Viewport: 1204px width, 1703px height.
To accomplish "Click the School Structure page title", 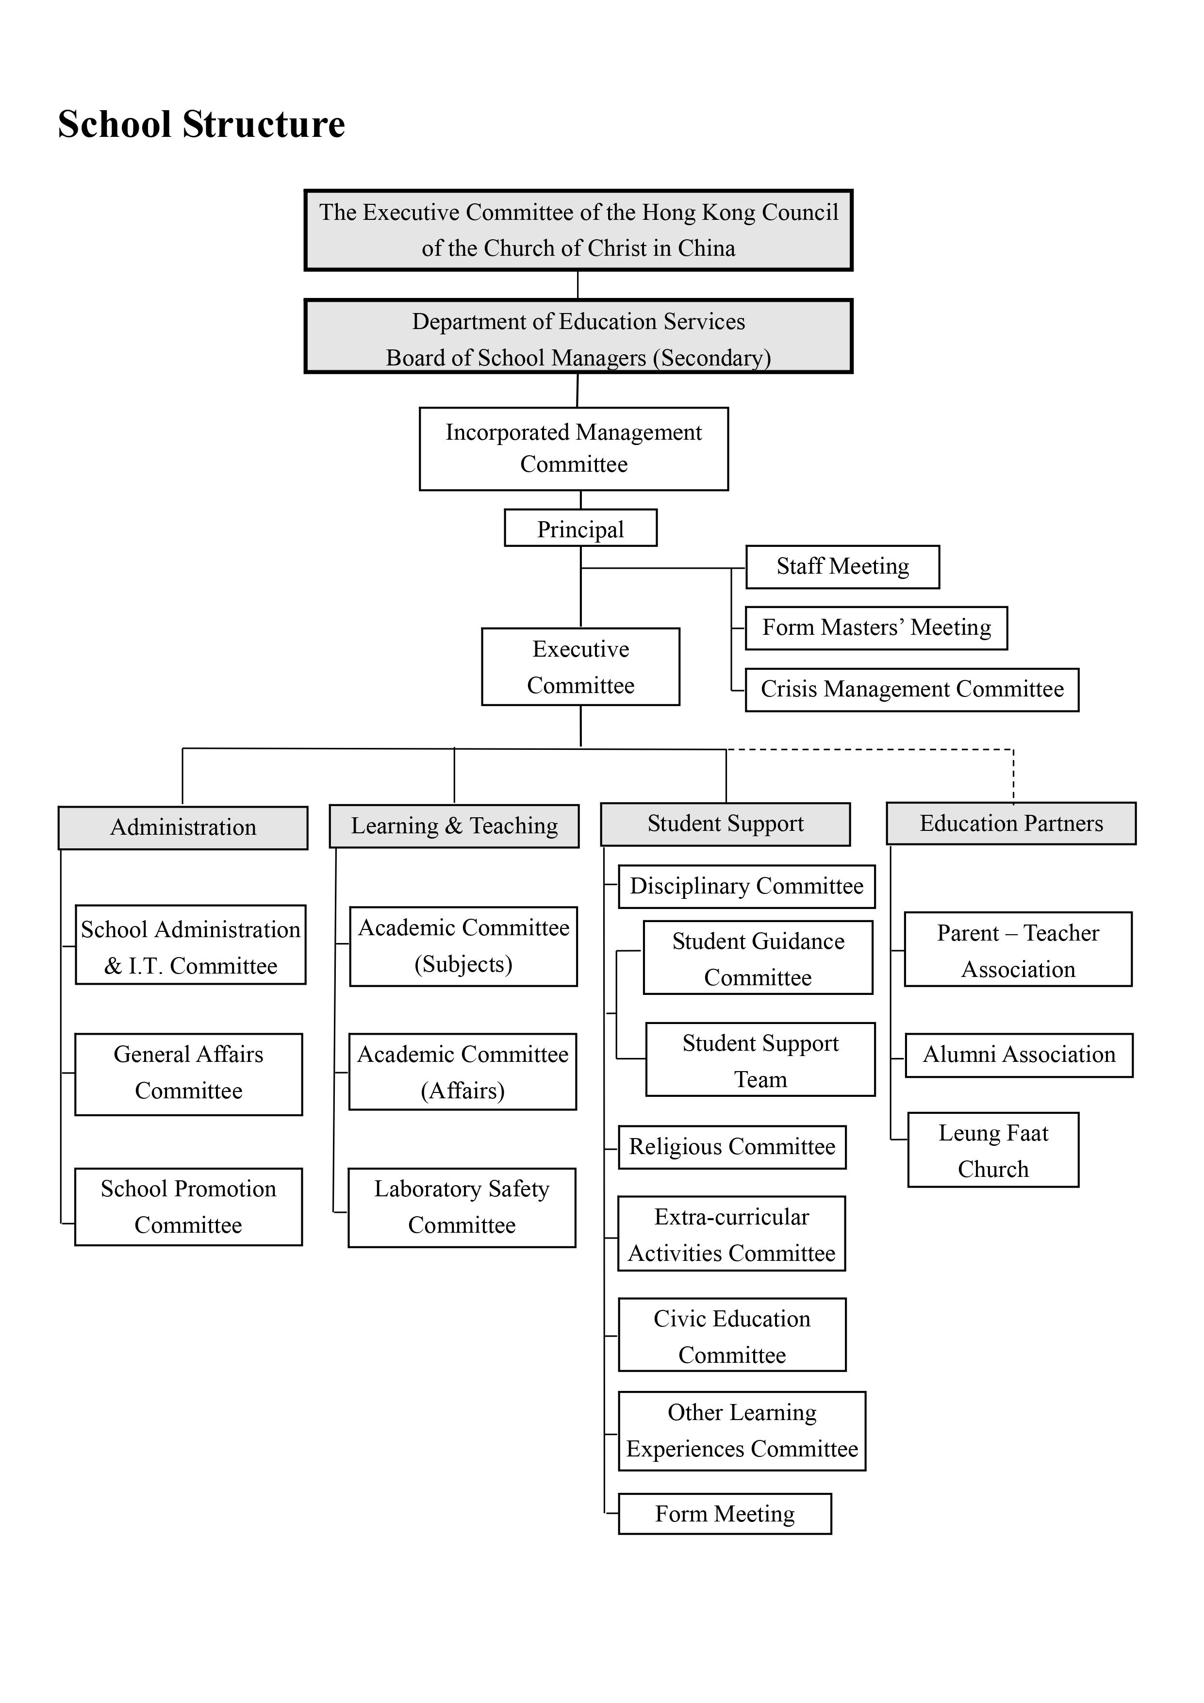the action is point(202,124).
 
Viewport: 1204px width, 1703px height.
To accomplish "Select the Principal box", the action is point(581,528).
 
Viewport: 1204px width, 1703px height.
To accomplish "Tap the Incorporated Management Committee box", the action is point(574,449).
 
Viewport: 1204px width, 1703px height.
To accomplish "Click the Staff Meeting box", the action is point(843,567).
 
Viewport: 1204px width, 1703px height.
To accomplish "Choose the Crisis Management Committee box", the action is point(912,690).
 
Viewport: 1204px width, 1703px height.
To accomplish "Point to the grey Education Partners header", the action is point(1011,823).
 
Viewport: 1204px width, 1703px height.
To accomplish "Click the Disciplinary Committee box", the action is point(747,886).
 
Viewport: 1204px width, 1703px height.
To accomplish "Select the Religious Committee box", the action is point(732,1147).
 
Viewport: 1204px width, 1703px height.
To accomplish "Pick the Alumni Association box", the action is point(1019,1055).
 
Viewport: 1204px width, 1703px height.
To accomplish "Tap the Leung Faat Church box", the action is point(993,1150).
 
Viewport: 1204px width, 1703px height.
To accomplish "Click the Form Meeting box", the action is point(725,1514).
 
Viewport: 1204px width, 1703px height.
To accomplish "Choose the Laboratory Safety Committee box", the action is point(462,1207).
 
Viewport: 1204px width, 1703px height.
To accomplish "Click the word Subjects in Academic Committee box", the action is point(463,964).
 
